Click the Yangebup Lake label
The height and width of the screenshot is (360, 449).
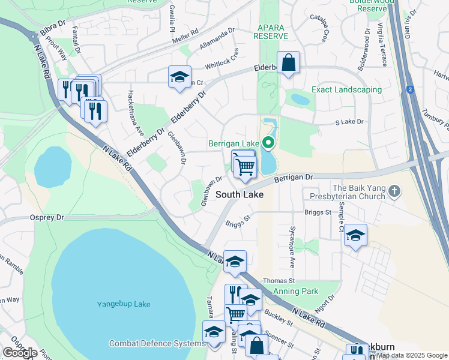(x=124, y=304)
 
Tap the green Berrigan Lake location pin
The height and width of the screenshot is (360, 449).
(x=269, y=143)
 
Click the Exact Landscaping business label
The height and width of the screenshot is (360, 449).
(x=346, y=90)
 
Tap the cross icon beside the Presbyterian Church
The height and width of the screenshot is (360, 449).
(x=394, y=191)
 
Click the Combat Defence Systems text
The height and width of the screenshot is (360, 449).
(x=157, y=344)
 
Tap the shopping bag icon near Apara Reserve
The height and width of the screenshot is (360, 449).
(x=288, y=62)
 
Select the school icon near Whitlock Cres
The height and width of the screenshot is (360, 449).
(x=179, y=76)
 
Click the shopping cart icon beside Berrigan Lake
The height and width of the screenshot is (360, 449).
(x=244, y=165)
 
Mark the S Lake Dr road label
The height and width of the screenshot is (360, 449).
(x=349, y=122)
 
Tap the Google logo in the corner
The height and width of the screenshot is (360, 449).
(x=20, y=353)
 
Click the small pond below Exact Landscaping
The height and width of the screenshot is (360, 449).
(x=300, y=99)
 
